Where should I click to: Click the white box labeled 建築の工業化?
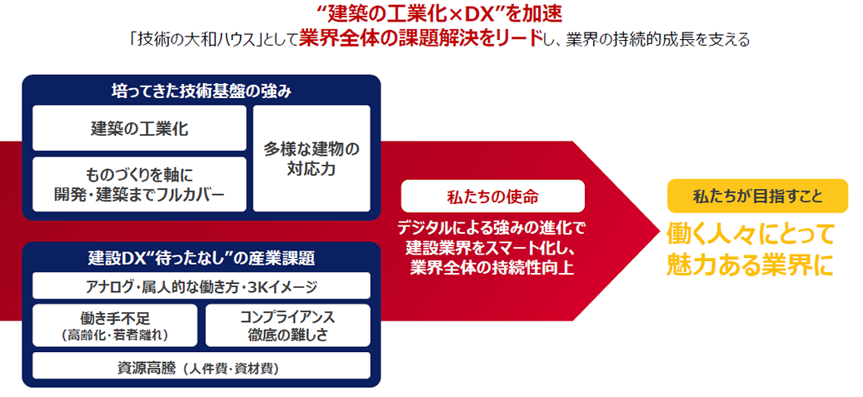[139, 128]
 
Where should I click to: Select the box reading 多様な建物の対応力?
[312, 158]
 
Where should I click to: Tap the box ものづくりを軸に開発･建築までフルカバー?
[139, 184]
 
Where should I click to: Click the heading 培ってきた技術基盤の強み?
[202, 92]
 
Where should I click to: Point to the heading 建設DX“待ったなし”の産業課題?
[202, 257]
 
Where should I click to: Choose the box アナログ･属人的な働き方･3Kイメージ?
[202, 285]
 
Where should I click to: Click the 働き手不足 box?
[114, 325]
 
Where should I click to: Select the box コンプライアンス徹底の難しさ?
[288, 325]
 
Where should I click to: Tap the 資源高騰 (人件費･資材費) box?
[202, 365]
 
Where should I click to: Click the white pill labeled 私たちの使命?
[492, 196]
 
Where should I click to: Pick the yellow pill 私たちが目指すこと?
[757, 196]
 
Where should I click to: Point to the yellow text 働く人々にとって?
[751, 234]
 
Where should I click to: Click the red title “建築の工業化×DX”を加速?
[431, 12]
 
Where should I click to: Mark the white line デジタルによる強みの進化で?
[492, 226]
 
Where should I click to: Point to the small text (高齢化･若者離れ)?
[114, 335]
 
